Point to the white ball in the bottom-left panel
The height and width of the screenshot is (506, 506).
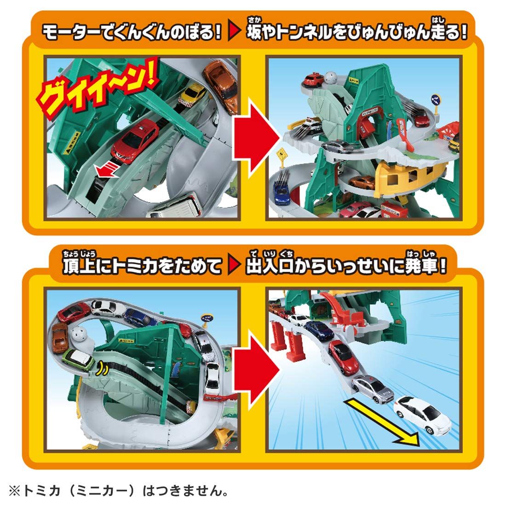[x=80, y=334]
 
